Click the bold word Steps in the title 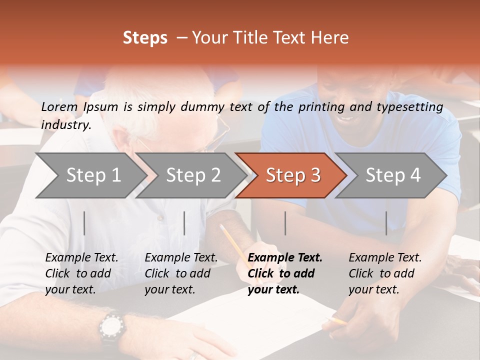[x=145, y=38]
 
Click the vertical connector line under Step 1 [x=84, y=223]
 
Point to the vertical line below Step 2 [x=184, y=223]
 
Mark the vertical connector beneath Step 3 [x=285, y=223]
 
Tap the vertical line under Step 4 [x=386, y=223]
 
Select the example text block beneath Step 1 [x=81, y=273]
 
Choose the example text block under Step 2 [x=181, y=273]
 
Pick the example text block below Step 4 [x=385, y=273]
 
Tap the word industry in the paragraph [x=66, y=124]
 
